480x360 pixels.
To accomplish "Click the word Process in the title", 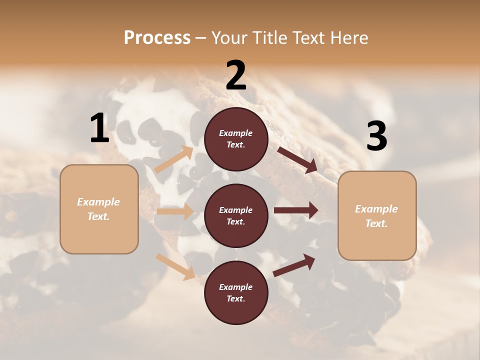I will [x=157, y=38].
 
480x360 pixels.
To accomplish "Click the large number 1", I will [x=99, y=128].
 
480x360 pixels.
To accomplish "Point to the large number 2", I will [x=236, y=75].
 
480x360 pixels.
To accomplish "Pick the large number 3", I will [x=376, y=136].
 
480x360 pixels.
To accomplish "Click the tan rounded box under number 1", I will [x=99, y=209].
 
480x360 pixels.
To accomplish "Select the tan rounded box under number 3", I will [x=377, y=216].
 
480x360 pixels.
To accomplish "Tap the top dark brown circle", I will [x=236, y=139].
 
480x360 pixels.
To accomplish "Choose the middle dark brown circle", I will [x=236, y=215].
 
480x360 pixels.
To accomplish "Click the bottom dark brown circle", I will [x=236, y=292].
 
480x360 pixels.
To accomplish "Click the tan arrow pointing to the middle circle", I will [x=174, y=211].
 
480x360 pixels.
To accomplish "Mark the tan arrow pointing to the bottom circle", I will [x=175, y=266].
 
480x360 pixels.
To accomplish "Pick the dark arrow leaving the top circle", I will [x=298, y=159].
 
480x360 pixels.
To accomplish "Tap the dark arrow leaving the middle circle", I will [x=296, y=210].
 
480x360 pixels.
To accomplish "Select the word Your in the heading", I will [x=229, y=38].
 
